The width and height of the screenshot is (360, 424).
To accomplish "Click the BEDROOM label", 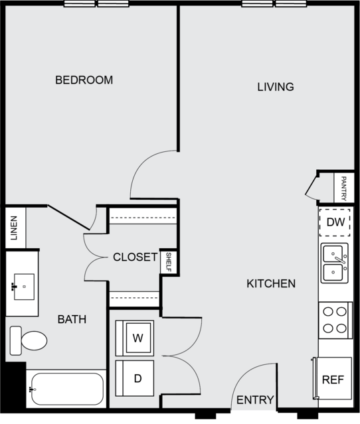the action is [84, 80].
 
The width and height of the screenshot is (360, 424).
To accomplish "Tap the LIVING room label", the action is [276, 87].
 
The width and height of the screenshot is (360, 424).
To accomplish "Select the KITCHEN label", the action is [271, 283].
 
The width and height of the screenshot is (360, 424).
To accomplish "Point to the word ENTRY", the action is [255, 400].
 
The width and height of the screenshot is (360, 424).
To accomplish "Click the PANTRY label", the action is [344, 188].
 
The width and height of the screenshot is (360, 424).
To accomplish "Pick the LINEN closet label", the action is [13, 228].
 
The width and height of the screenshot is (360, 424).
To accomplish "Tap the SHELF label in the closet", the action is [168, 262].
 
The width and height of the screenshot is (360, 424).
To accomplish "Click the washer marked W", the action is [135, 338].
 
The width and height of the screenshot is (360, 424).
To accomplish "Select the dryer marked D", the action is [135, 378].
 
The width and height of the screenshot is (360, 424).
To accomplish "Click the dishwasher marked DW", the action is [335, 222].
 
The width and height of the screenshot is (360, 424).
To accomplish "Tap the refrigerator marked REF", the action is [333, 378].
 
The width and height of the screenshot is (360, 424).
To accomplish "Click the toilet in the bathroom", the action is [29, 340].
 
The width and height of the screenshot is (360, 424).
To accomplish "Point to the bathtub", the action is [67, 389].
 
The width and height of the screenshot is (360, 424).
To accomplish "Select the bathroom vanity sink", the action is [24, 287].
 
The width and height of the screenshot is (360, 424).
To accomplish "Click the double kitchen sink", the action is [335, 263].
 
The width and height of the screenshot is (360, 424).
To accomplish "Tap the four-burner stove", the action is [335, 320].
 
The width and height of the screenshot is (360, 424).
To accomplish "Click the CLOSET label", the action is [135, 257].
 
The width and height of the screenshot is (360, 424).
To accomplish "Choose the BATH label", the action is [72, 319].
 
